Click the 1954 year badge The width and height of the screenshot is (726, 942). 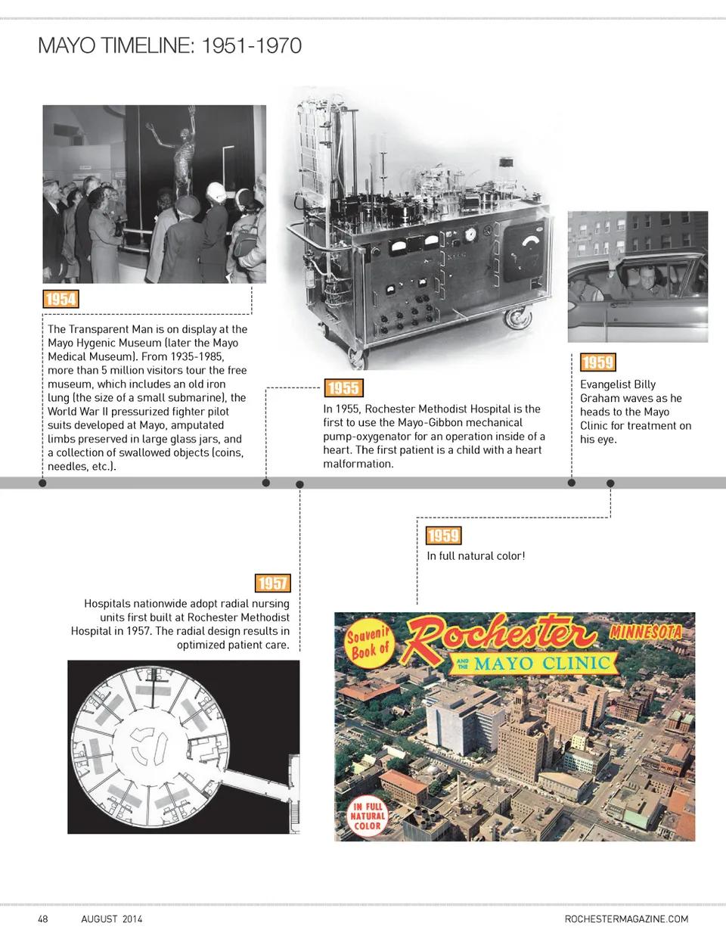point(60,299)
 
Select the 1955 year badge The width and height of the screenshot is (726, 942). point(343,389)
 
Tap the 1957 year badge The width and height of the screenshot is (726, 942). point(272,583)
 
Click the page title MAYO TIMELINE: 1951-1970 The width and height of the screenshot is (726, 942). point(169,46)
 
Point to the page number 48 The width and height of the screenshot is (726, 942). point(43,919)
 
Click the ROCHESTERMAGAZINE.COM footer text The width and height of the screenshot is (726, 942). point(626,919)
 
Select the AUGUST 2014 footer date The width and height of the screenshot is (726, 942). point(112,919)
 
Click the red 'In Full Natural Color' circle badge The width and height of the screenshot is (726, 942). point(368,815)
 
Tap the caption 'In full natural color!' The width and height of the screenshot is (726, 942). point(476,556)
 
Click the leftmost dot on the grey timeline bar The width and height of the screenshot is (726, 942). point(42,483)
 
